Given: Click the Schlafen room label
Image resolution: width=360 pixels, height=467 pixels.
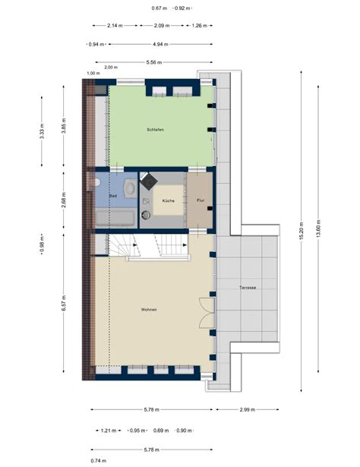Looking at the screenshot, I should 155,130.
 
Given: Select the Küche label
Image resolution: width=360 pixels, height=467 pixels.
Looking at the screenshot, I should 169,200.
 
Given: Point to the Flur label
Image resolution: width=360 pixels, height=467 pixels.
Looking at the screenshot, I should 201,200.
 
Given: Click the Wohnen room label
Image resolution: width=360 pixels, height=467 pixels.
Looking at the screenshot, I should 149,310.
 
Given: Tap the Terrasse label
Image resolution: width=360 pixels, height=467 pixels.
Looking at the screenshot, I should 247,288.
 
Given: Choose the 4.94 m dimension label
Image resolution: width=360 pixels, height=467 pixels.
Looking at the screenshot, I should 160,44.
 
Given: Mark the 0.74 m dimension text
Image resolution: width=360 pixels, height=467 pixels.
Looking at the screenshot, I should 97,461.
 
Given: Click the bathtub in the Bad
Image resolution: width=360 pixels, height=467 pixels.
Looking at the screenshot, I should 115,219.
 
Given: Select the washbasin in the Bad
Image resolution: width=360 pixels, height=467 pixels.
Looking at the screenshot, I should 130,188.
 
